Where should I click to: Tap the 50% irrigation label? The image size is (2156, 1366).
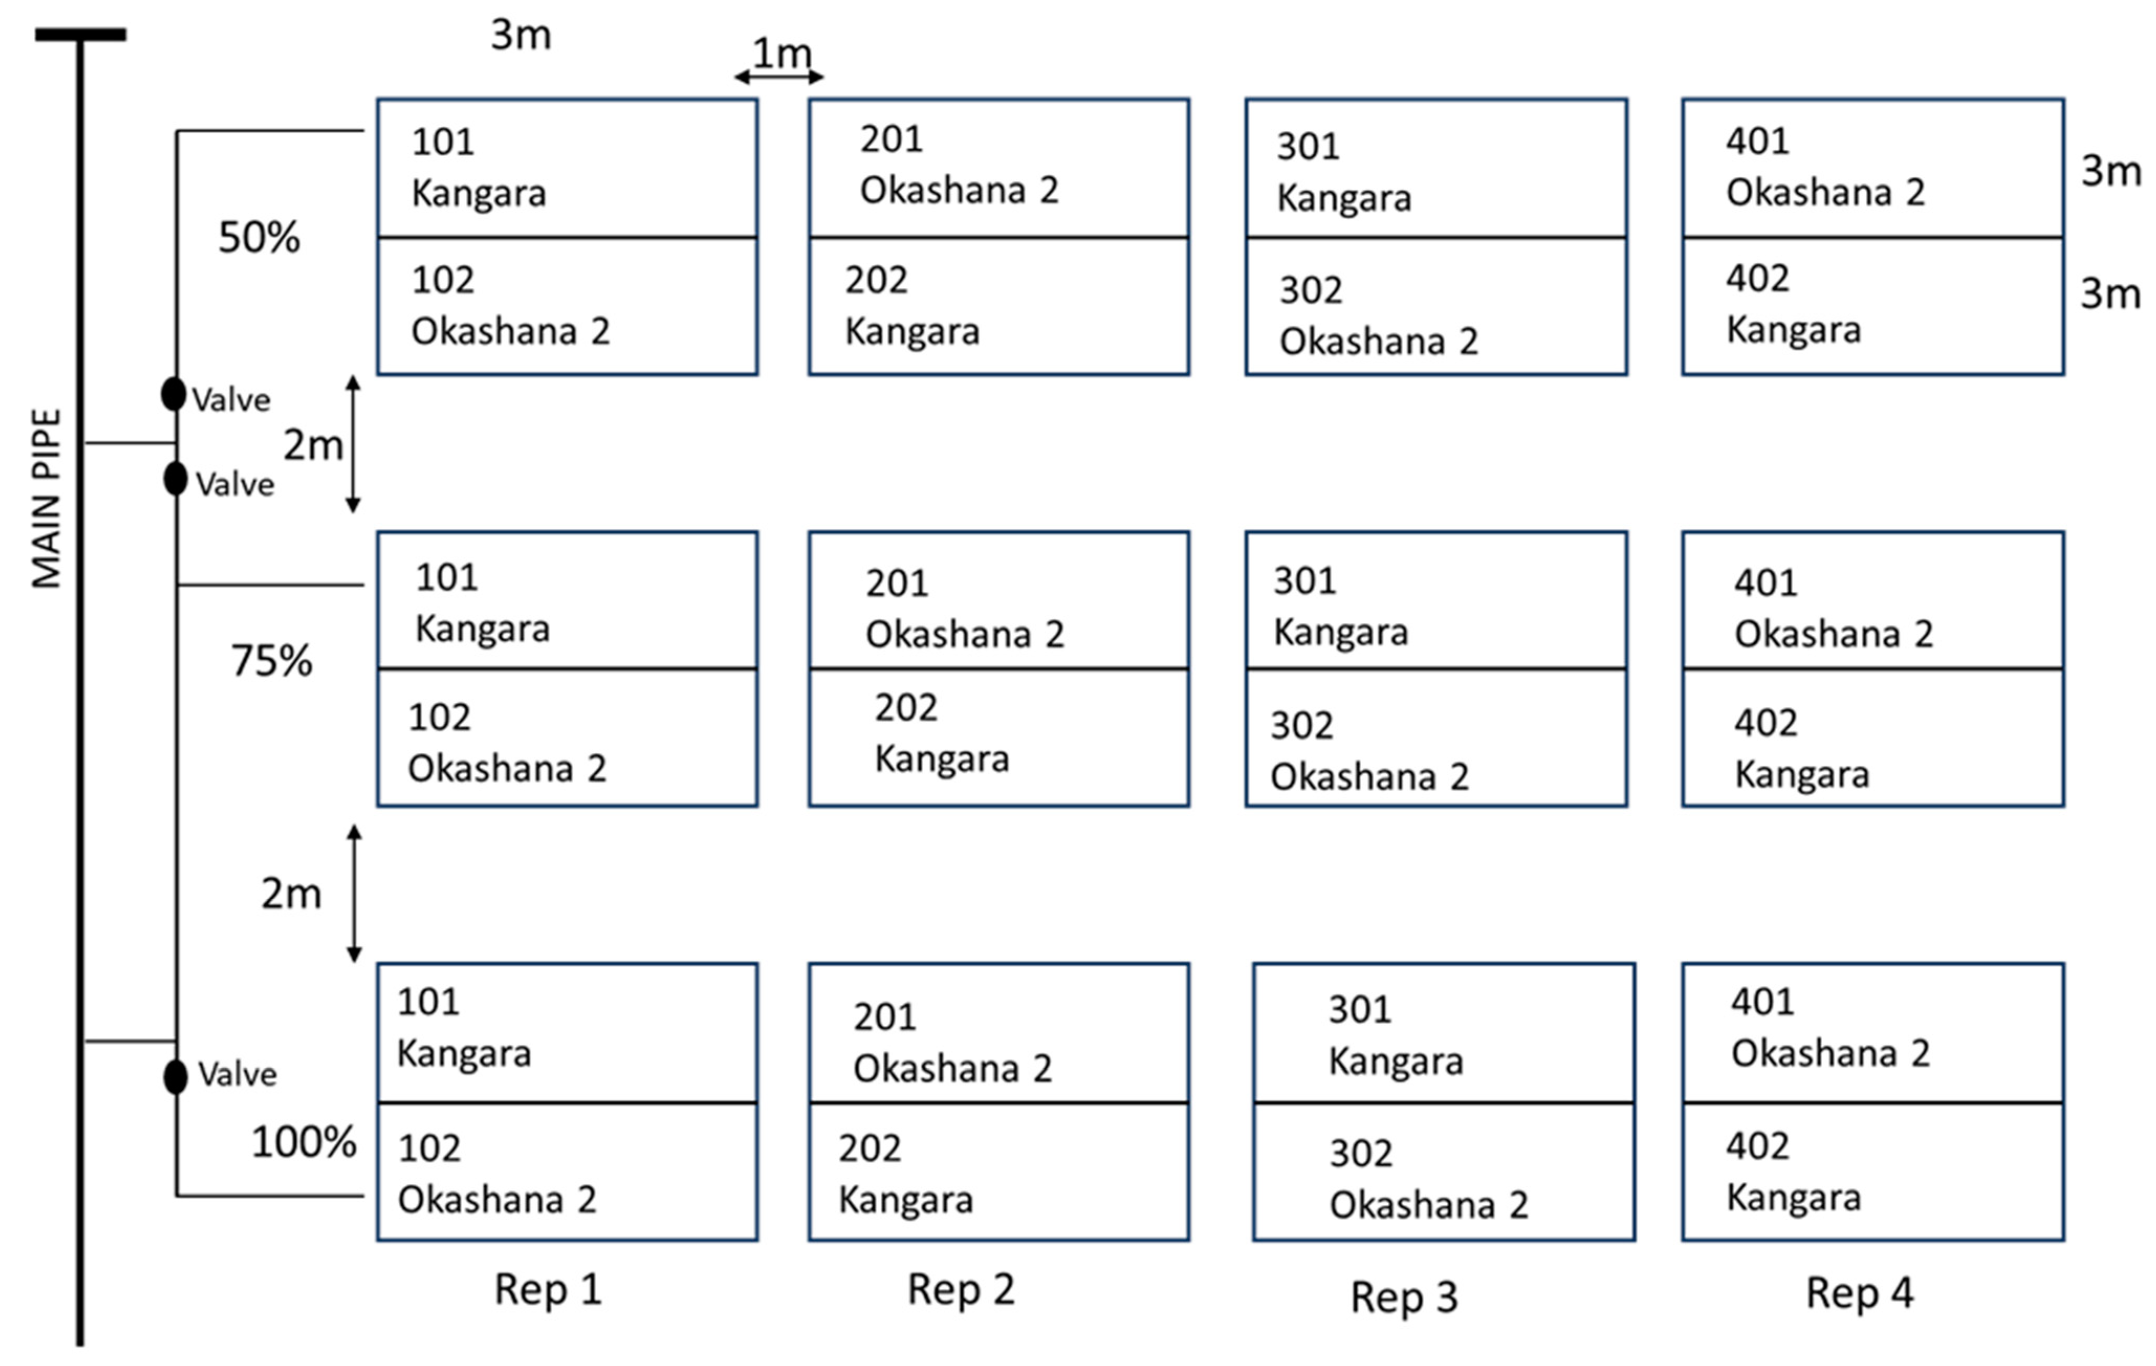tap(259, 237)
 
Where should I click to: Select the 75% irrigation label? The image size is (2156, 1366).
tap(271, 661)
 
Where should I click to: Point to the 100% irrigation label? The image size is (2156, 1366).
tap(303, 1142)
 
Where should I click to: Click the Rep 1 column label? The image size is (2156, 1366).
tap(548, 1290)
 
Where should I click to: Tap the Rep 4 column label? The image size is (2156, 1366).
tap(1859, 1293)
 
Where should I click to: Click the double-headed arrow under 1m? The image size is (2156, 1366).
tap(779, 77)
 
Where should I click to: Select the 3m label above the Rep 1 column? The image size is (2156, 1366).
tap(520, 36)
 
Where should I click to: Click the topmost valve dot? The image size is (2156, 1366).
tap(174, 394)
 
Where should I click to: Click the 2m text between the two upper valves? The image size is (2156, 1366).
tap(312, 445)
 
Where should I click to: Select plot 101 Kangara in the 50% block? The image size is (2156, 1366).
tap(567, 168)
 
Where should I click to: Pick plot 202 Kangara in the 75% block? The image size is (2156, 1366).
tap(998, 737)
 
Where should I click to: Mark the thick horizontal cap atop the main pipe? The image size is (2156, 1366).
tap(81, 35)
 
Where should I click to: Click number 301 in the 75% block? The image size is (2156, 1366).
tap(1305, 581)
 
